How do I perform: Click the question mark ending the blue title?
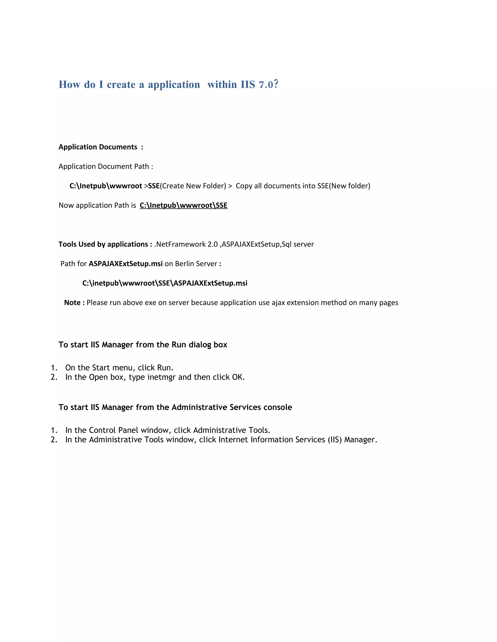tap(276, 84)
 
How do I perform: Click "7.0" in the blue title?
tap(266, 85)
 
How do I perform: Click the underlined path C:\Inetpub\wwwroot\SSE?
tap(183, 205)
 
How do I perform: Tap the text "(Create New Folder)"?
tap(193, 186)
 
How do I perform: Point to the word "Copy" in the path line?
tap(244, 186)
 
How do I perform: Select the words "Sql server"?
tap(298, 244)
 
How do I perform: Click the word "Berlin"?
tap(184, 264)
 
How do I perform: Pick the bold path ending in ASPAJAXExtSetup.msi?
tap(165, 283)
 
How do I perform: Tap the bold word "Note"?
tap(72, 303)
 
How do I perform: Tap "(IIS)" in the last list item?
tap(334, 440)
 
